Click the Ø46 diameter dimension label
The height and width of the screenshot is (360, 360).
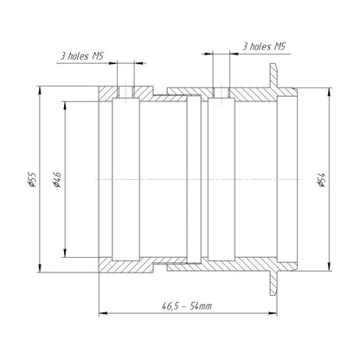(x=57, y=180)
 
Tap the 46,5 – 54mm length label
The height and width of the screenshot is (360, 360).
(x=187, y=305)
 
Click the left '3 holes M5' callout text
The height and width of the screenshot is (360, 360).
(x=82, y=55)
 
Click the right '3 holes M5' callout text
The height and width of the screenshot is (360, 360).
(x=264, y=46)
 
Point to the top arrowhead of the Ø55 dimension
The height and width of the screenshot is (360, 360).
(x=40, y=90)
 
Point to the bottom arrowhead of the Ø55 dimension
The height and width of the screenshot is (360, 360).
(x=40, y=268)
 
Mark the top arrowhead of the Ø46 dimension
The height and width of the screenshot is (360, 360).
(x=65, y=106)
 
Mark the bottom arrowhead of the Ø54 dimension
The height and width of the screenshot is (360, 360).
(x=330, y=267)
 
